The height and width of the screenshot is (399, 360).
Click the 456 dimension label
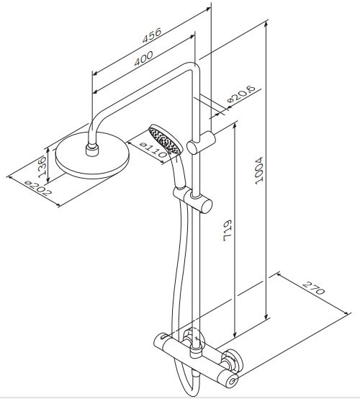click(x=152, y=35)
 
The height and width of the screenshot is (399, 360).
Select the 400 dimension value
click(x=144, y=58)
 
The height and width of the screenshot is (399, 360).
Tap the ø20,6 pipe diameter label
click(x=241, y=94)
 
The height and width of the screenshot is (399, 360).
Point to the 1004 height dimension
click(x=258, y=170)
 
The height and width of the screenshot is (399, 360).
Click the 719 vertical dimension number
click(x=228, y=230)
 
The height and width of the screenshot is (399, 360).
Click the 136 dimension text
click(x=42, y=167)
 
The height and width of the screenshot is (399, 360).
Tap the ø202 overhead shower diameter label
click(x=38, y=187)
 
